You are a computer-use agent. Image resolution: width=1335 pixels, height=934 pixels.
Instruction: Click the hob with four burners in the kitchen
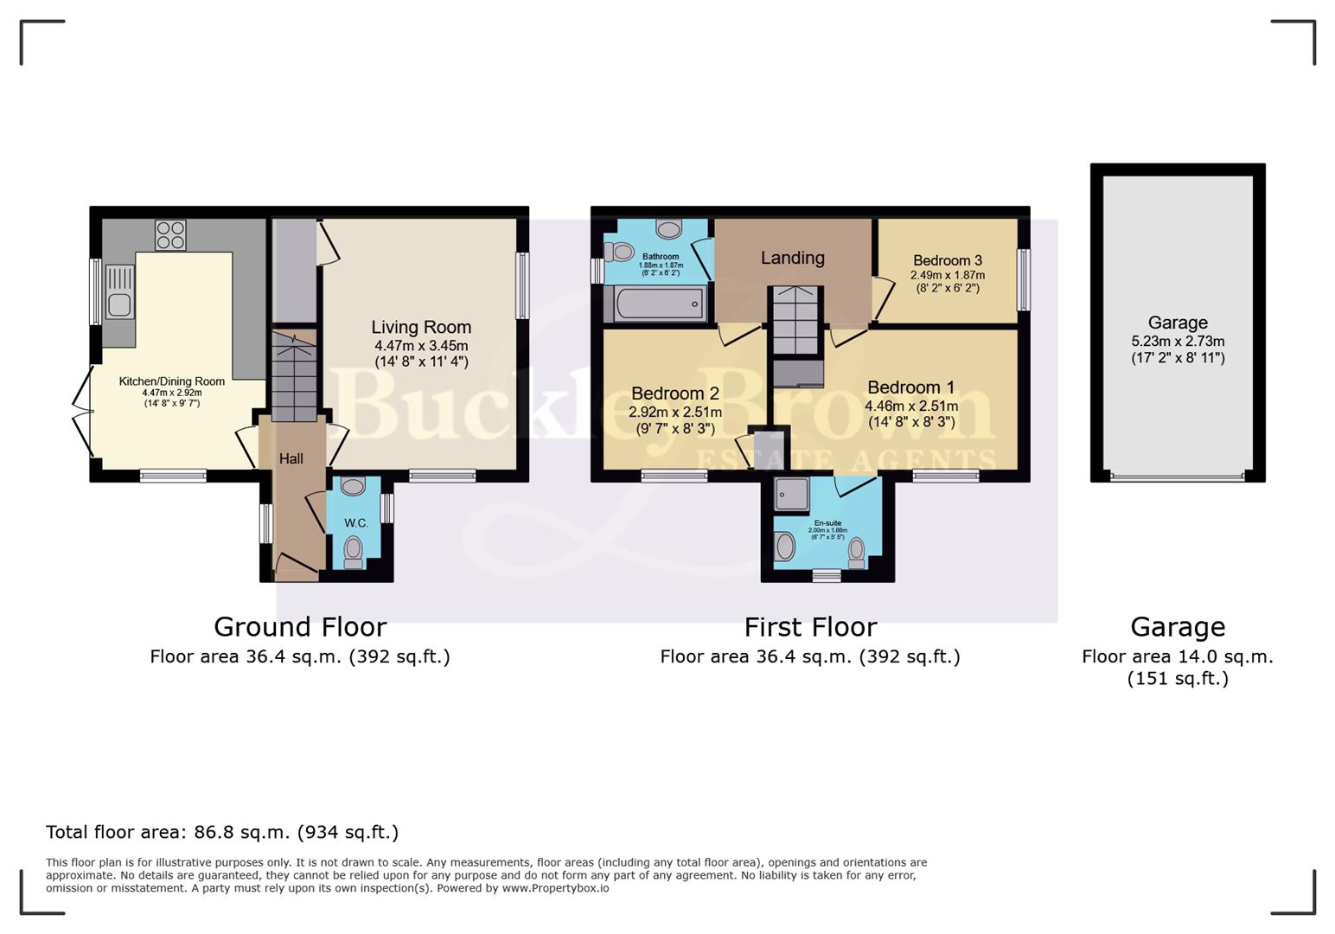point(170,235)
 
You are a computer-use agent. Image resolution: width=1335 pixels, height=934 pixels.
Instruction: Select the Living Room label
point(421,327)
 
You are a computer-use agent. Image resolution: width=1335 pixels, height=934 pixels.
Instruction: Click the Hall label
point(291,458)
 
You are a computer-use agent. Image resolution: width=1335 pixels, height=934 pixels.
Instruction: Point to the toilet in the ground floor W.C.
point(353,550)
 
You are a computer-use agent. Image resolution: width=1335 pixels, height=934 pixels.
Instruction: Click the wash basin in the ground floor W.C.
point(353,487)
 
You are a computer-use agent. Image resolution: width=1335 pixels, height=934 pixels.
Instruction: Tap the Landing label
point(792,258)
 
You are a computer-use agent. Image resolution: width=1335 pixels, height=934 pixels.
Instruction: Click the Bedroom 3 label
point(947,260)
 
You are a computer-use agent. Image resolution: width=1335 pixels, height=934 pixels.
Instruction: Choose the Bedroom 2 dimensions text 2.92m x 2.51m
point(674,413)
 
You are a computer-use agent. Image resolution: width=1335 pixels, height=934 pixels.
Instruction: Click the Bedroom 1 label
point(910,387)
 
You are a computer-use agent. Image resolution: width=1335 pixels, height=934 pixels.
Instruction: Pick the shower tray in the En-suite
point(791,493)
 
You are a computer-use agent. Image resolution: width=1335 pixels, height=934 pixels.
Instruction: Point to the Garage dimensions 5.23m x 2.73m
point(1177,342)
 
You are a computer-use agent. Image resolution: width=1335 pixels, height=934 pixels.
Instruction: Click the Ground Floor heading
point(300,626)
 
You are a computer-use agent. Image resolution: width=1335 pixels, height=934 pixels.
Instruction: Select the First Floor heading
point(810,626)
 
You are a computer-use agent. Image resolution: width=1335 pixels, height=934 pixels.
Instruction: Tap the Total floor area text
point(222,832)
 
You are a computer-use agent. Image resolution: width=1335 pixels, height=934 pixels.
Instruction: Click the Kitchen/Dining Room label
point(172,381)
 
